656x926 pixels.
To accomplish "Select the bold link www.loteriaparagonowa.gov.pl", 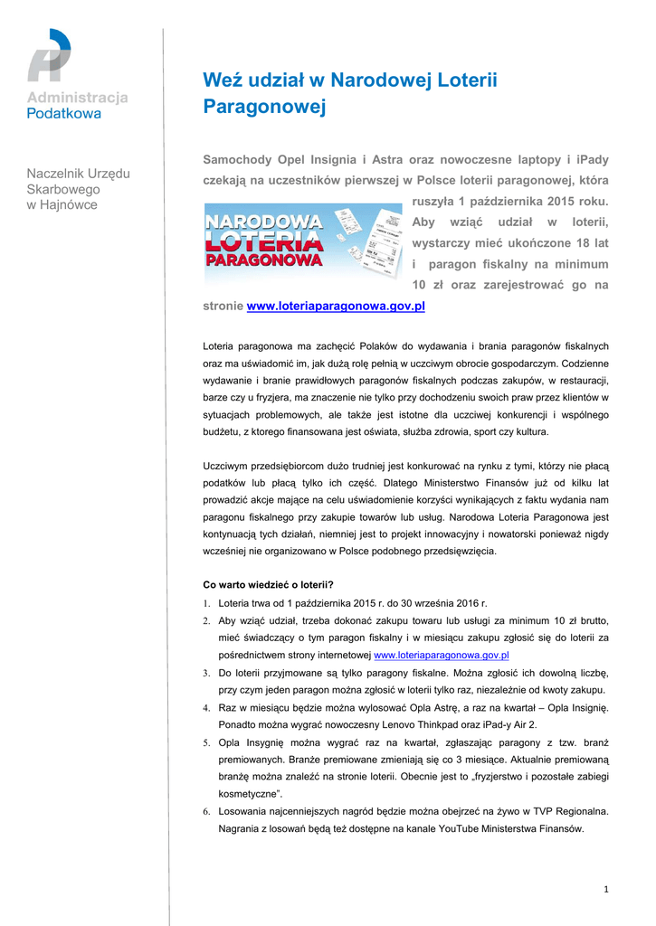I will (336, 307).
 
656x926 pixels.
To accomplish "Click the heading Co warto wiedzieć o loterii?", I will (268, 584).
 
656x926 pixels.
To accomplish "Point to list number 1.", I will (206, 603).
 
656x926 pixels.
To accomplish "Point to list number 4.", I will (206, 708).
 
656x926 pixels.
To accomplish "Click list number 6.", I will (206, 812).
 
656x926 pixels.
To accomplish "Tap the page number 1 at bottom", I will (606, 890).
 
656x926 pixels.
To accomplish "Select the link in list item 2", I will (441, 655).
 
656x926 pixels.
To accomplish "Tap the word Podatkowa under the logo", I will (64, 114).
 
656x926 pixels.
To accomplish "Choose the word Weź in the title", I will (220, 81).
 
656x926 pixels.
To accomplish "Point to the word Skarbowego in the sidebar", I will (63, 189).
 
